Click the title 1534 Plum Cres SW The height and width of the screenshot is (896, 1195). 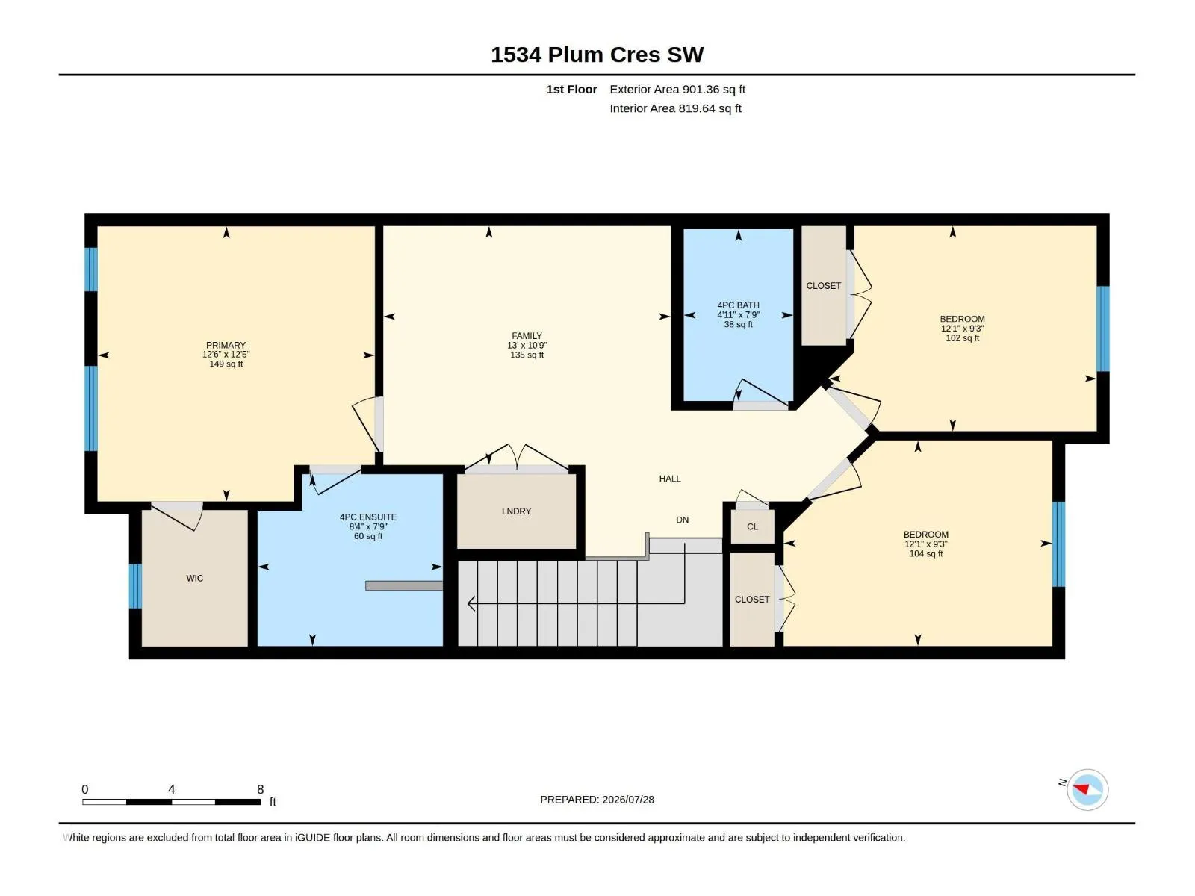pos(597,55)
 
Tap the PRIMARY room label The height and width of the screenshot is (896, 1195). pos(226,346)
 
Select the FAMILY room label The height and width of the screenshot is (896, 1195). pos(527,336)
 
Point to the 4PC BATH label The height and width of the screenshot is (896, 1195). pos(738,305)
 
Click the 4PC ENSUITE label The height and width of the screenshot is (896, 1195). pos(368,517)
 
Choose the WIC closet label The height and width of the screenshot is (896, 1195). pos(194,578)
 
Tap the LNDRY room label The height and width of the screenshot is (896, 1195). pos(516,511)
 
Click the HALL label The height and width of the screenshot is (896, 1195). pos(670,479)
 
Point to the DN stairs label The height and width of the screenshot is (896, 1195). pos(682,520)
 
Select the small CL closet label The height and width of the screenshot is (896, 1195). pos(752,526)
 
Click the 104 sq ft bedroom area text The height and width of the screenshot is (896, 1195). pos(926,554)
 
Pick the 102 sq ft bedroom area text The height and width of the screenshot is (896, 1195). pos(962,338)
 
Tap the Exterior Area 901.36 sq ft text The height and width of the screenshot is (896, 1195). pos(677,89)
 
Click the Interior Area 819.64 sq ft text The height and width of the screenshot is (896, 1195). pos(676,108)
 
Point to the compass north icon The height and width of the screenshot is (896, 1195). pos(1087,789)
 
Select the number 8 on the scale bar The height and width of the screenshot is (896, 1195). pos(260,789)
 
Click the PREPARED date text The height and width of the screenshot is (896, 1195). pos(597,800)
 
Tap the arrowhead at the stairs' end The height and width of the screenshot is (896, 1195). pos(471,603)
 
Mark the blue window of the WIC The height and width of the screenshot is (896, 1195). pos(135,586)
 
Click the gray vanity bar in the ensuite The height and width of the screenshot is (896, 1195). pos(404,586)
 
